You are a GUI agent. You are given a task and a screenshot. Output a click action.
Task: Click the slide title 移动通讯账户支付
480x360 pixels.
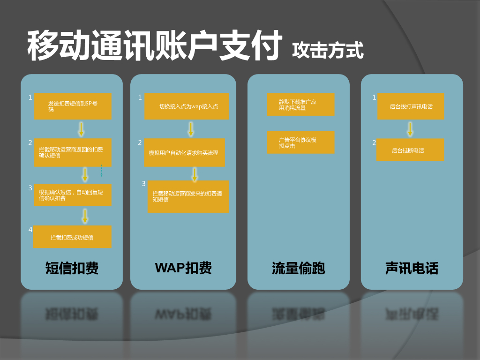point(155,45)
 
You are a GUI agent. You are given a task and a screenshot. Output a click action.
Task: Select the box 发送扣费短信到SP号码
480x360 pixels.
point(73,106)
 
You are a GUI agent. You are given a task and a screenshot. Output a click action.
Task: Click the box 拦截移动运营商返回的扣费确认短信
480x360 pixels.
point(73,152)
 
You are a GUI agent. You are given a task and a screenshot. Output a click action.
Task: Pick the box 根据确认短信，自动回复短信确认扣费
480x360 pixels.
point(73,195)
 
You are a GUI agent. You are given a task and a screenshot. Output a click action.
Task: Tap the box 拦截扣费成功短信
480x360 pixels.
point(72,237)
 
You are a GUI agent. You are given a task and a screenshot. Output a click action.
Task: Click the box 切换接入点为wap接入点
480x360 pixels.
point(186,106)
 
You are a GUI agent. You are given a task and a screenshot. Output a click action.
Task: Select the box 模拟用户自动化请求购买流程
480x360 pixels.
point(184,152)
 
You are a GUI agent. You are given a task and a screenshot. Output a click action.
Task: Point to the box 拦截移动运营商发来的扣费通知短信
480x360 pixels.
point(188,196)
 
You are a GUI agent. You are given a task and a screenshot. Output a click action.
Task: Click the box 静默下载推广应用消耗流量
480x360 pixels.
point(300,105)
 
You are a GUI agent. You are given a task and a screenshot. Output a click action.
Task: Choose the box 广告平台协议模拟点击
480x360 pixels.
point(300,142)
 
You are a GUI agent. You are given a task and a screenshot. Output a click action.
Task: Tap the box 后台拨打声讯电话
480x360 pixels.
point(411,106)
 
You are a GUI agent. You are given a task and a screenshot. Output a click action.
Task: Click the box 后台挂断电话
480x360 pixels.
point(410,150)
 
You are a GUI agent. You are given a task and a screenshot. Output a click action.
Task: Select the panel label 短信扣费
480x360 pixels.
point(72,268)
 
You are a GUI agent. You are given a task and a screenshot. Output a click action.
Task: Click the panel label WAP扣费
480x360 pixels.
point(183,268)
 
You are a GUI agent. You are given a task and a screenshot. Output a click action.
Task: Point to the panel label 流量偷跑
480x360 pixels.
point(298,268)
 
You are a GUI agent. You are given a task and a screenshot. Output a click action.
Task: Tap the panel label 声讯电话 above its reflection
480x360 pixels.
point(412,268)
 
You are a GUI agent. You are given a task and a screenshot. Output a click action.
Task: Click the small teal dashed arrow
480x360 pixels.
point(101,171)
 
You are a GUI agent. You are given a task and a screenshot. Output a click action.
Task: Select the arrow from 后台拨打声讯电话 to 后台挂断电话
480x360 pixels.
point(410,129)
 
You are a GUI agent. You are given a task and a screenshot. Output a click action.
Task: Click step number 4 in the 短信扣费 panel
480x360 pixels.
point(30,230)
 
